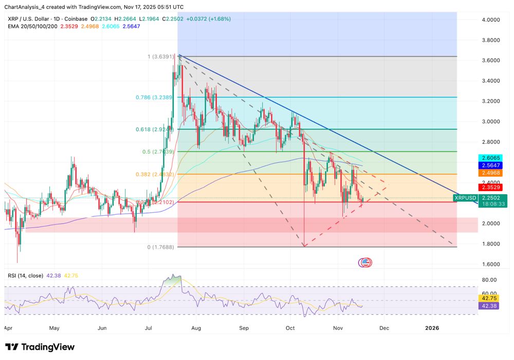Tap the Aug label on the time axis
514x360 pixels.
click(x=196, y=327)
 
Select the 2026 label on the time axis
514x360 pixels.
click(x=432, y=327)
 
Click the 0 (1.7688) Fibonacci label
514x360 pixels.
click(x=161, y=247)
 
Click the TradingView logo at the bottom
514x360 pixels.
click(x=40, y=347)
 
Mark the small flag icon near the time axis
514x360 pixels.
click(x=365, y=262)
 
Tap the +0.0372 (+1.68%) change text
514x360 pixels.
click(x=209, y=18)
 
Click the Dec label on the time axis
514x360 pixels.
click(x=384, y=327)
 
